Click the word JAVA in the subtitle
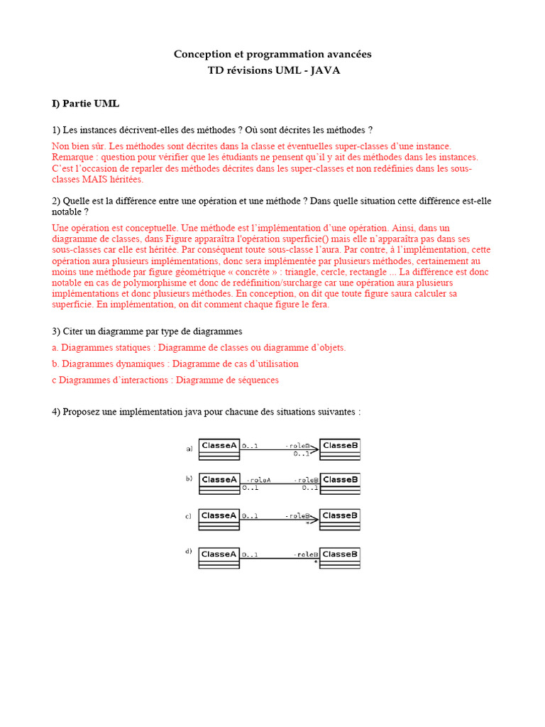324,70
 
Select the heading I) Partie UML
85,104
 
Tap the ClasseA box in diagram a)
219,449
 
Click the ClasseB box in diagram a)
340,449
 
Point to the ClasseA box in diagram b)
219,483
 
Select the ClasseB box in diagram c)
340,518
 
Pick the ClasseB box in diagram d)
340,557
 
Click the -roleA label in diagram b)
258,479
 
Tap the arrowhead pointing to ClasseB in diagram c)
314,520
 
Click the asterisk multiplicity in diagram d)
315,562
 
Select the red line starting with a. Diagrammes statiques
199,348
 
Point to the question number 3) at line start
56,332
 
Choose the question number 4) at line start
56,412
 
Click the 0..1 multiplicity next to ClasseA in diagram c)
250,516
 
